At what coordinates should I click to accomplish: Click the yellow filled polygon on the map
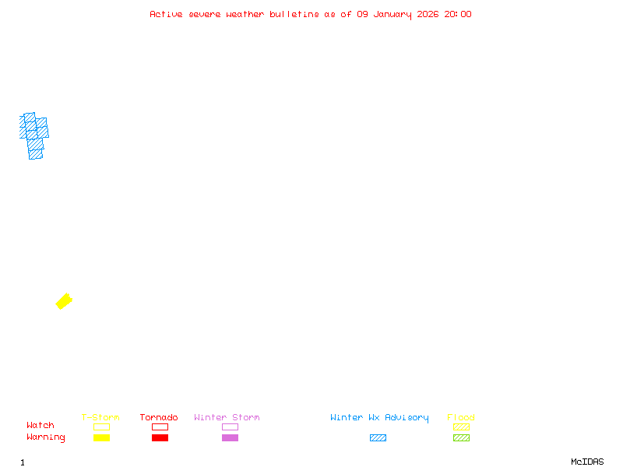64,301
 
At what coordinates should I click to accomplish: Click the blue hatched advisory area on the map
33,135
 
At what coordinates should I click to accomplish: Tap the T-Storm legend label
100,418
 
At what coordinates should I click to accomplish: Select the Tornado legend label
159,418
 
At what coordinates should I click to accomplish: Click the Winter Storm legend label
227,418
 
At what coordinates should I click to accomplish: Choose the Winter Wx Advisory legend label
379,418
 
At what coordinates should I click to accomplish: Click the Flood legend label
461,418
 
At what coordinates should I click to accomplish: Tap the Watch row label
40,426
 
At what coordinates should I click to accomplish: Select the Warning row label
46,437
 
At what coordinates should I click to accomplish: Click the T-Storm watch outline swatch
101,427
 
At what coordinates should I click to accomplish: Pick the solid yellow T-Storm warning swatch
101,437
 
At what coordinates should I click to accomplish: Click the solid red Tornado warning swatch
160,437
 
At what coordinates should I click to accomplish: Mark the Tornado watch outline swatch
160,427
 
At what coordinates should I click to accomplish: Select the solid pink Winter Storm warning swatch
230,437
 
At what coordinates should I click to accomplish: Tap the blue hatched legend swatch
378,437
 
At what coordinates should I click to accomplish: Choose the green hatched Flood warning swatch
461,437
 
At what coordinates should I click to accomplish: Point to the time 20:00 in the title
458,14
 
